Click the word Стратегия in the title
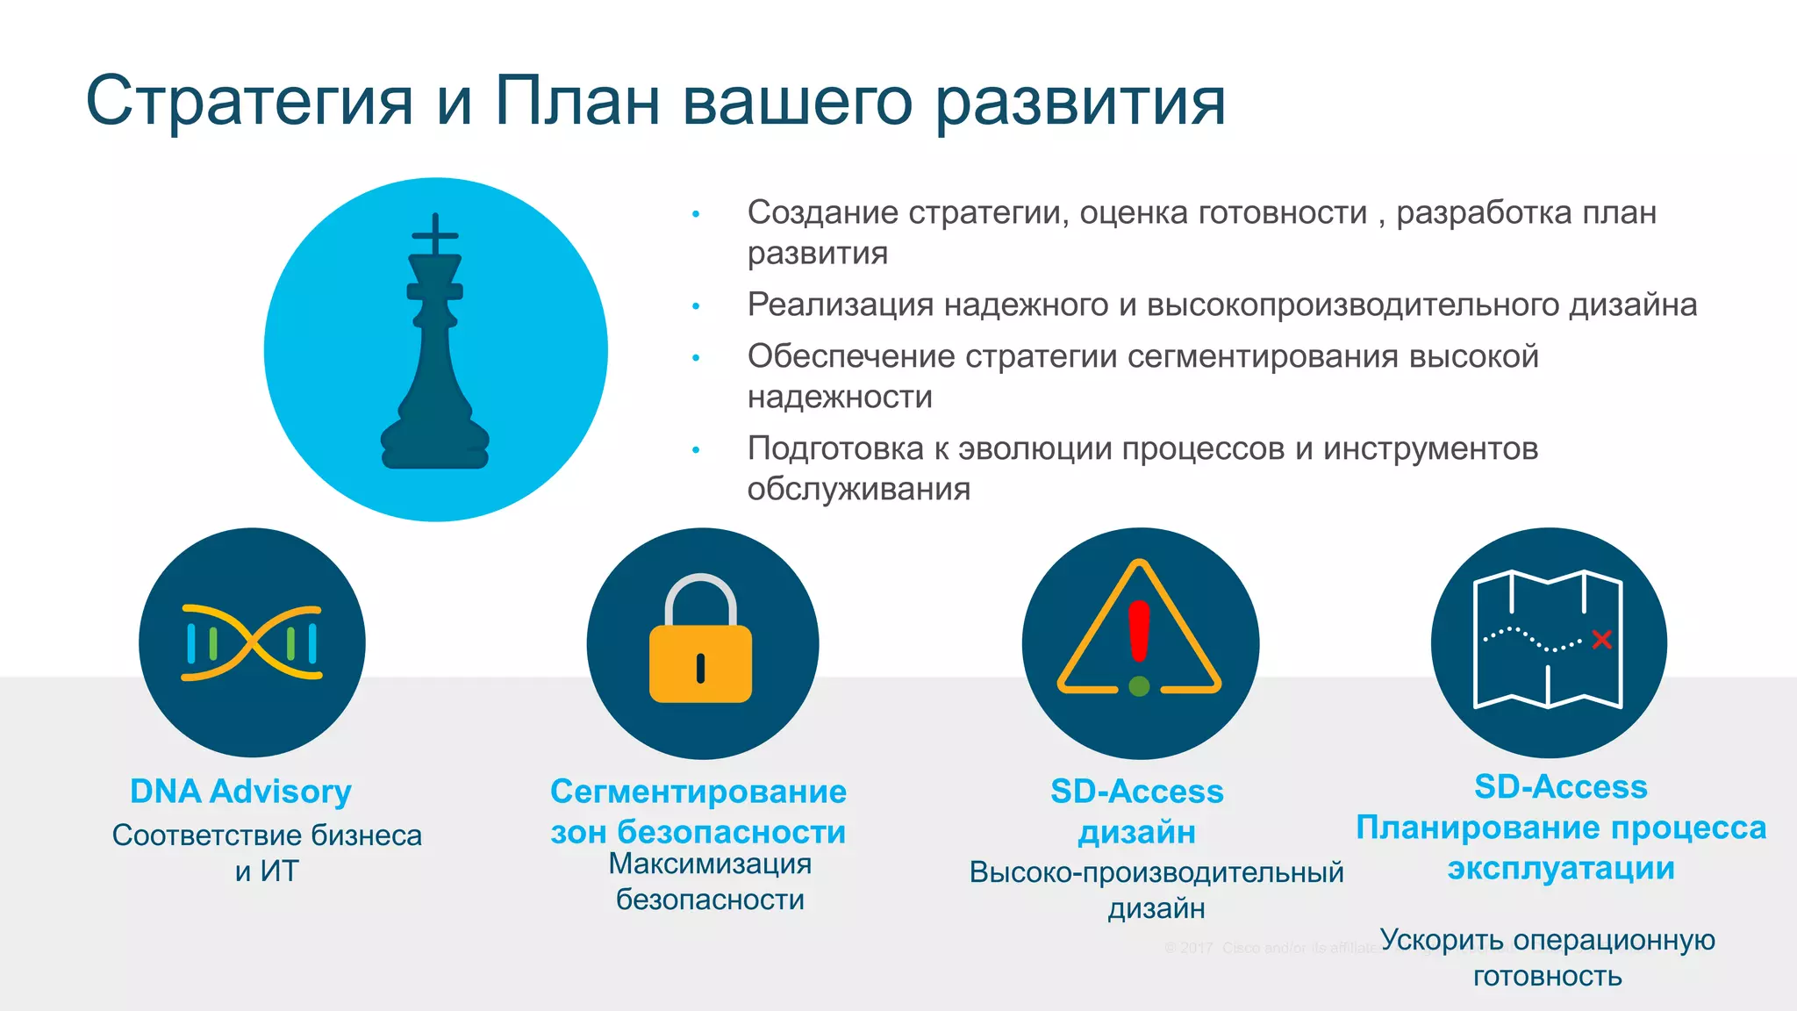pyautogui.click(x=249, y=102)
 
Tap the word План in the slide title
pyautogui.click(x=576, y=100)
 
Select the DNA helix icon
pyautogui.click(x=252, y=643)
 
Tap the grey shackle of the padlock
pyautogui.click(x=700, y=597)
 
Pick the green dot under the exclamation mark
pyautogui.click(x=1139, y=686)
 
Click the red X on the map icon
pyautogui.click(x=1601, y=639)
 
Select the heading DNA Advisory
pyautogui.click(x=240, y=792)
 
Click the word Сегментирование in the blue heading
pyautogui.click(x=698, y=792)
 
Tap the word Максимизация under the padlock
pyautogui.click(x=710, y=864)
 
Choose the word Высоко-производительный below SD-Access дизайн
pyautogui.click(x=1156, y=872)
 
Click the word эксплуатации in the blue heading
pyautogui.click(x=1561, y=869)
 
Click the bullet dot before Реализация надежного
pyautogui.click(x=696, y=306)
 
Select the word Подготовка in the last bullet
pyautogui.click(x=835, y=448)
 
